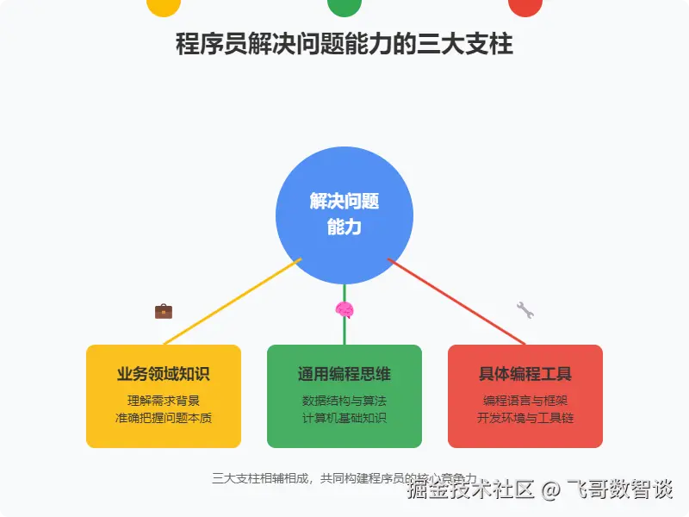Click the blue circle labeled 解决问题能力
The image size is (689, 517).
coord(344,215)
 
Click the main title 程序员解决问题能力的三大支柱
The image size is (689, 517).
coord(344,44)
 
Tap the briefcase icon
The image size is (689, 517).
coord(164,311)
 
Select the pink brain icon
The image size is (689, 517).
coord(344,310)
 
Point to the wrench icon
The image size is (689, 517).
coord(525,310)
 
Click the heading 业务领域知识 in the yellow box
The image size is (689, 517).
coord(164,374)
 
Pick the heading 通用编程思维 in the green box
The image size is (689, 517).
coord(344,374)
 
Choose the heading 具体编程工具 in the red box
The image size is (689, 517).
coord(525,374)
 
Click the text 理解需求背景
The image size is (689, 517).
coord(164,401)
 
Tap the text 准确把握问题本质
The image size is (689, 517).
coord(164,419)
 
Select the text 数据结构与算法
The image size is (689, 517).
coord(344,401)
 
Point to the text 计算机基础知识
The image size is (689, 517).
coord(344,419)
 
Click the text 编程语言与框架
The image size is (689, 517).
coord(525,401)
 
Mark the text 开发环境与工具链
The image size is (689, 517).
coord(525,419)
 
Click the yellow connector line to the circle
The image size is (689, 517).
coord(233,302)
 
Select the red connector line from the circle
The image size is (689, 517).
coord(456,302)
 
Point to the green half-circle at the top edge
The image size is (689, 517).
coord(344,7)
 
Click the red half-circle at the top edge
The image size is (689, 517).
coord(525,7)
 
